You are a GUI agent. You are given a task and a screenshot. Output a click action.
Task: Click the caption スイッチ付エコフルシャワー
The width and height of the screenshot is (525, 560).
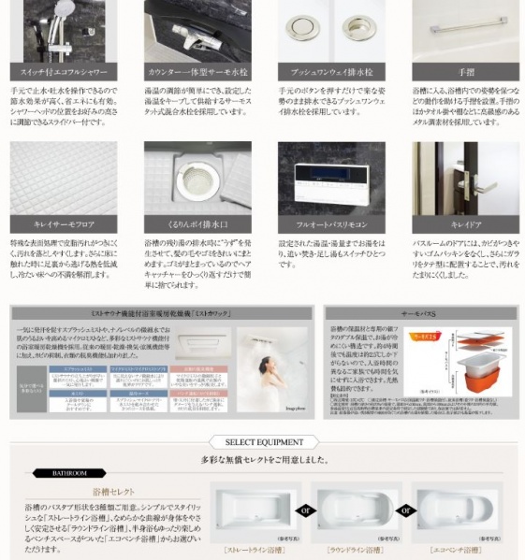pyautogui.click(x=63, y=71)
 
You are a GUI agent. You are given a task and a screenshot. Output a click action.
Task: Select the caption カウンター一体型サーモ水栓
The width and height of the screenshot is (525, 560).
pyautogui.click(x=197, y=71)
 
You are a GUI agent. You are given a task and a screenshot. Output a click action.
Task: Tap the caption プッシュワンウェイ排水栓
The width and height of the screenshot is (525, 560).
pyautogui.click(x=331, y=71)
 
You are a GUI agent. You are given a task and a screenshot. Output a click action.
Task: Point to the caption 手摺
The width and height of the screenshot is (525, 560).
pyautogui.click(x=466, y=71)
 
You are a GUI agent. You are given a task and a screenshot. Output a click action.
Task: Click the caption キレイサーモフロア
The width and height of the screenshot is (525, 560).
pyautogui.click(x=63, y=225)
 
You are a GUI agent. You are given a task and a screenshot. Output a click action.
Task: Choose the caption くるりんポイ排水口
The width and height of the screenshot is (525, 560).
pyautogui.click(x=197, y=225)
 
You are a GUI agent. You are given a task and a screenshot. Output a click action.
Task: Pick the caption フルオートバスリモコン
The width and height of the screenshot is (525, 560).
pyautogui.click(x=331, y=225)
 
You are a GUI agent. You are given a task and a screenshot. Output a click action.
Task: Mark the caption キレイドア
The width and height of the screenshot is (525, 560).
pyautogui.click(x=466, y=225)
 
